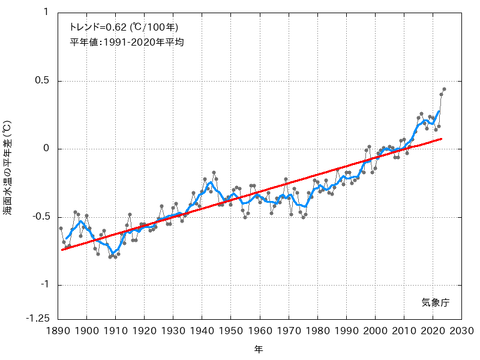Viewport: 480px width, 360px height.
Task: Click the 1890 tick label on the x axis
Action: point(58,331)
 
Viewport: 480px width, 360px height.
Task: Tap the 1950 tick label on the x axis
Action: point(230,331)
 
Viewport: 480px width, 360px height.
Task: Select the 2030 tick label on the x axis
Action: point(461,331)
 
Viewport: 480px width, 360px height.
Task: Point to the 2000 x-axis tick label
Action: point(375,331)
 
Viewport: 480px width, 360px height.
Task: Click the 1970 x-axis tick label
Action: point(289,331)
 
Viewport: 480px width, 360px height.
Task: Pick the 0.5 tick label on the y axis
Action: point(42,81)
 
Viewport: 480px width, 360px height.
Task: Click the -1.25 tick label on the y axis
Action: point(37,319)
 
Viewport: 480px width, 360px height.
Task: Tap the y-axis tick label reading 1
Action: point(46,13)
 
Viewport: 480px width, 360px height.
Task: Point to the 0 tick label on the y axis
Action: point(46,149)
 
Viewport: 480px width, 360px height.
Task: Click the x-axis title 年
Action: point(259,348)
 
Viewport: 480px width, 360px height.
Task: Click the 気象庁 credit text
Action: point(435,303)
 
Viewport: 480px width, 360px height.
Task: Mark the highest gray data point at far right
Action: point(444,89)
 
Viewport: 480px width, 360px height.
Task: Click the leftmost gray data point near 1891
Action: point(61,228)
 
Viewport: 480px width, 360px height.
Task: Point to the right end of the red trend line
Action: point(442,139)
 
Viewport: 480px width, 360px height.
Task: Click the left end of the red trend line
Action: point(61,249)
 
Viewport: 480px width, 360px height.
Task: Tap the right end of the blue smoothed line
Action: point(439,111)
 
